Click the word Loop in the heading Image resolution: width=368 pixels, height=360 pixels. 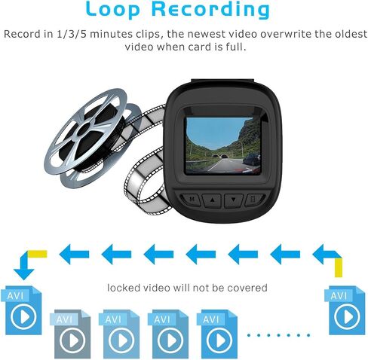point(113,9)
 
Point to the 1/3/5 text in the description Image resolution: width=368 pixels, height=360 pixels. point(72,34)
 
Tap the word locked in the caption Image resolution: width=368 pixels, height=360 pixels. point(124,288)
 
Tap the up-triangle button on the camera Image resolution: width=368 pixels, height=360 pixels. point(212,200)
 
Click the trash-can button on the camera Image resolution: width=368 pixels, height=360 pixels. point(254,200)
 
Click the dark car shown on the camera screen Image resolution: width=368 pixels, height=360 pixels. point(252,160)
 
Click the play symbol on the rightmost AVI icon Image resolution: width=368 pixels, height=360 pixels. point(347,316)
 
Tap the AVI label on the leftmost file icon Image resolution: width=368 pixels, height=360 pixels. point(15,296)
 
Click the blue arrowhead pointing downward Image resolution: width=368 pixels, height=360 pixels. point(23,274)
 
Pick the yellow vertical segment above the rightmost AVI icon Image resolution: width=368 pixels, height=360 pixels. point(339,267)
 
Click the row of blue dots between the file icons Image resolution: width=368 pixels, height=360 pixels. point(279,335)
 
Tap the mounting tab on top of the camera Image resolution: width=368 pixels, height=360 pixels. point(222,81)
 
